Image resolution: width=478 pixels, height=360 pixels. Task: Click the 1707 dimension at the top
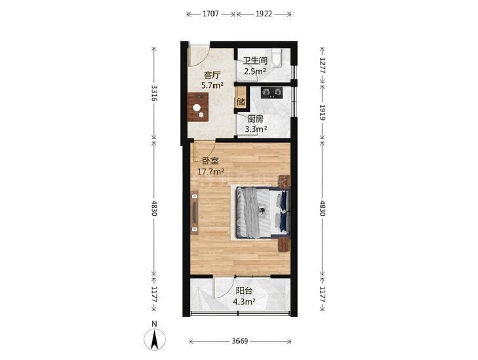pyautogui.click(x=210, y=14)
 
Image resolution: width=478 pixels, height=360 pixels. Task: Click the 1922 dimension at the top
pyautogui.click(x=264, y=14)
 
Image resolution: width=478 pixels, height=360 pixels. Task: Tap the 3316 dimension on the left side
pyautogui.click(x=155, y=93)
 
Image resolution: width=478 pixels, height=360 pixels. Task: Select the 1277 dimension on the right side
pyautogui.click(x=323, y=65)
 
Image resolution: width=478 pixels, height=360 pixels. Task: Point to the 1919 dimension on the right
pyautogui.click(x=323, y=112)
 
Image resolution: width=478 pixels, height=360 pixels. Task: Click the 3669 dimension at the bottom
pyautogui.click(x=240, y=341)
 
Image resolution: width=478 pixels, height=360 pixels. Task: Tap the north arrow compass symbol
pyautogui.click(x=155, y=338)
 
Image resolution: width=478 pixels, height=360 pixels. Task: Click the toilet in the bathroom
pyautogui.click(x=277, y=57)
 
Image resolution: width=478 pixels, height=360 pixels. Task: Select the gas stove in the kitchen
pyautogui.click(x=271, y=92)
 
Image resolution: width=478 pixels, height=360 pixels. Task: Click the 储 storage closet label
pyautogui.click(x=241, y=102)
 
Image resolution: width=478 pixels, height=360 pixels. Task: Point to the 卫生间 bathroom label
pyautogui.click(x=255, y=61)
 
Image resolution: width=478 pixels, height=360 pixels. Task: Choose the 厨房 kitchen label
pyautogui.click(x=256, y=118)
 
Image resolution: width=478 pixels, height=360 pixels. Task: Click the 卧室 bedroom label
pyautogui.click(x=210, y=161)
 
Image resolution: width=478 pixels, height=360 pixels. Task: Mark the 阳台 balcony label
pyautogui.click(x=244, y=291)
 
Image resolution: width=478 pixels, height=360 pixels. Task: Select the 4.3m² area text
pyautogui.click(x=244, y=302)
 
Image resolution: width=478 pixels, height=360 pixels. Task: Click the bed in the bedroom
pyautogui.click(x=262, y=212)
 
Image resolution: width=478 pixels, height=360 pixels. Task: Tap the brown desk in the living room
pyautogui.click(x=198, y=108)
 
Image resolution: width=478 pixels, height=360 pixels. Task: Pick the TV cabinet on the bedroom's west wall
pyautogui.click(x=195, y=212)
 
